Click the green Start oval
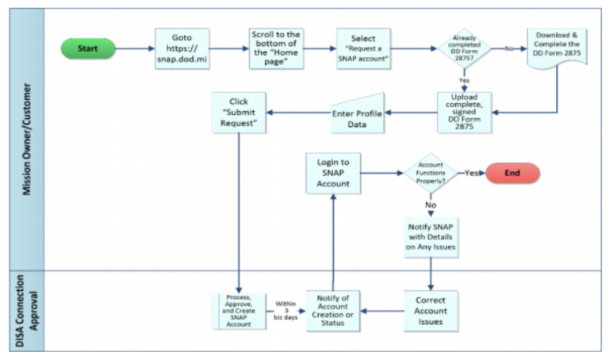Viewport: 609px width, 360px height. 87,48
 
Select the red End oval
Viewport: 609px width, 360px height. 512,173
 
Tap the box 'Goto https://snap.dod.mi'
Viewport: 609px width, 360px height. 182,48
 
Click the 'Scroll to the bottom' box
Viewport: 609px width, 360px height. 274,48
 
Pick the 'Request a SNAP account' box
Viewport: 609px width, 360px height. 363,48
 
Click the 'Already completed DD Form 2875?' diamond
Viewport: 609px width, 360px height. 465,49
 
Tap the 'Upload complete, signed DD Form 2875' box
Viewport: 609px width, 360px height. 465,111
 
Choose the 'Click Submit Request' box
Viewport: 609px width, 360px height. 238,113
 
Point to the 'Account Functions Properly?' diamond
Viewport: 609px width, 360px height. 431,173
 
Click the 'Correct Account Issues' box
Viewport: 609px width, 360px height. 431,311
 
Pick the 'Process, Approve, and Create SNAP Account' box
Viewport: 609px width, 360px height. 238,311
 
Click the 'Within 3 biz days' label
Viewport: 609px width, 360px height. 286,311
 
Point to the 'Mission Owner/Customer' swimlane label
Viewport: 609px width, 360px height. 28,139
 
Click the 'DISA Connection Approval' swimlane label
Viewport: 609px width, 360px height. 28,311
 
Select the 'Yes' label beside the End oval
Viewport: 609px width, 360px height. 471,173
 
